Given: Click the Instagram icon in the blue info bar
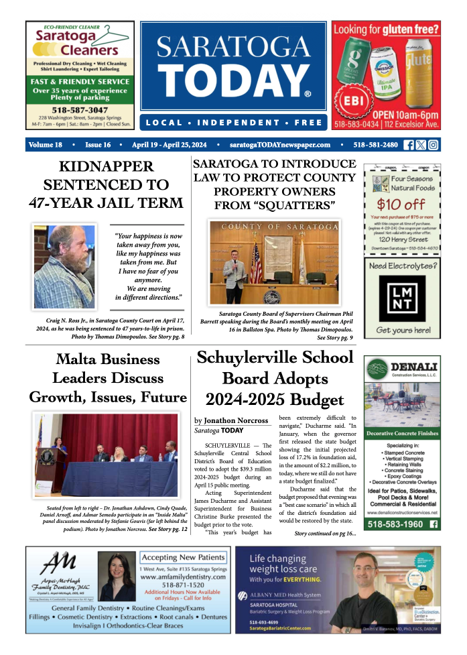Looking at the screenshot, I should [433, 145].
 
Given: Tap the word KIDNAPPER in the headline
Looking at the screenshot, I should [106, 166].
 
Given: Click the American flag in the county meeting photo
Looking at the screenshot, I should [256, 263].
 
